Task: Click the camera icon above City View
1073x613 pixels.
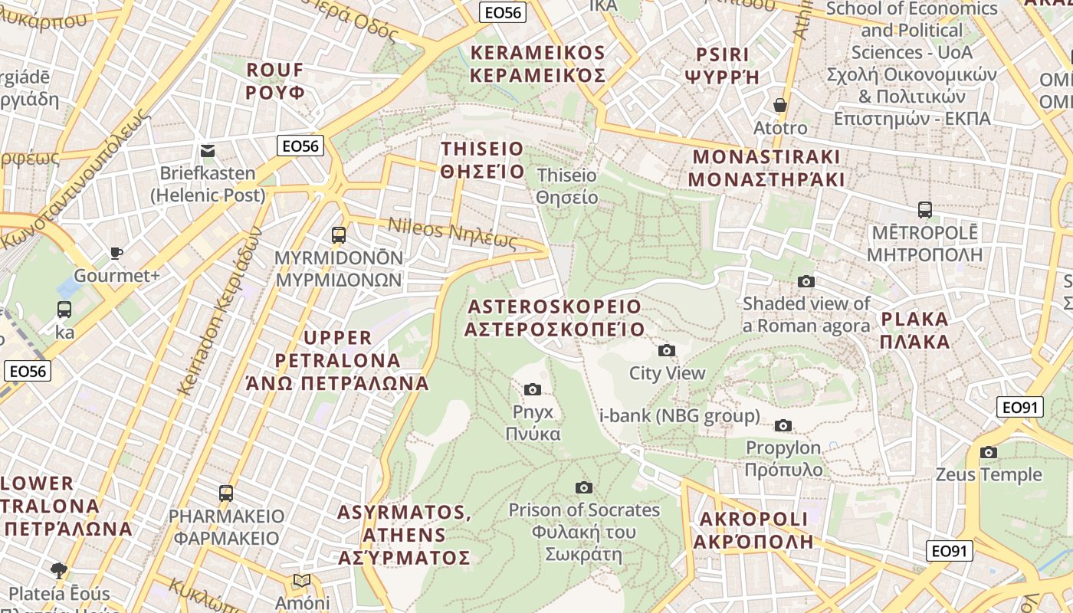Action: tap(667, 351)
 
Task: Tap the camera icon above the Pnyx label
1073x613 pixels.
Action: tap(533, 390)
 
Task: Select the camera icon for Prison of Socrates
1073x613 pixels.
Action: tap(584, 487)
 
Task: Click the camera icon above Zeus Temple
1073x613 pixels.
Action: tap(989, 453)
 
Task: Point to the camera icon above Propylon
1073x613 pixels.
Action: tap(783, 425)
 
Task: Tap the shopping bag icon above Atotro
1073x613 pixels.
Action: tap(780, 105)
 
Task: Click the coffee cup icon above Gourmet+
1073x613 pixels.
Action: tap(116, 253)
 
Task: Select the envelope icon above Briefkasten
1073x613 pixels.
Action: tap(208, 150)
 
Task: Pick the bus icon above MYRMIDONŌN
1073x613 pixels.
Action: tap(339, 235)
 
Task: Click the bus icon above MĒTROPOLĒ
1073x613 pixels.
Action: tap(925, 209)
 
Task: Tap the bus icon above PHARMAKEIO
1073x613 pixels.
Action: tap(226, 493)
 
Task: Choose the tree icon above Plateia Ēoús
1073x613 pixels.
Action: tap(59, 570)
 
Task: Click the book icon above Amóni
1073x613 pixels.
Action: tap(302, 581)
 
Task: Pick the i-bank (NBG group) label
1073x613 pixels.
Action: tap(680, 416)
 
